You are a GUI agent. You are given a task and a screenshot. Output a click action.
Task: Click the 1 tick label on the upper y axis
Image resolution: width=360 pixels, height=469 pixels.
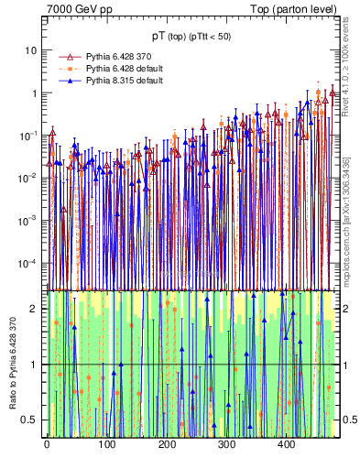point(37,93)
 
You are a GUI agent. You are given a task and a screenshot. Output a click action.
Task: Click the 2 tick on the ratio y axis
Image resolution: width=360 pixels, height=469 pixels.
point(37,310)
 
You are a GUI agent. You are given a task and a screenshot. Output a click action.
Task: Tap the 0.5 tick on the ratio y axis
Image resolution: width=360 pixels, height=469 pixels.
point(32,420)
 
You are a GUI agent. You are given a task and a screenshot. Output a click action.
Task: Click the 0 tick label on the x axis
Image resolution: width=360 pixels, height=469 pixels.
point(47,444)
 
